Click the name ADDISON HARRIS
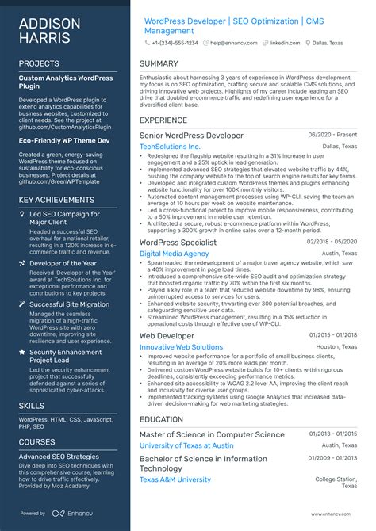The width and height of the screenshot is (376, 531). click(x=48, y=30)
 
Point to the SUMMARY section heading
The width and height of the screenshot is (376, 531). click(x=159, y=63)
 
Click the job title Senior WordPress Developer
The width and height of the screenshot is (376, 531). click(x=191, y=136)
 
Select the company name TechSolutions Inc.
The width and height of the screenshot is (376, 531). click(x=170, y=147)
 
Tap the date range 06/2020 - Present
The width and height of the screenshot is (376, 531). click(x=333, y=136)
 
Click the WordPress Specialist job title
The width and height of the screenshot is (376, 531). click(x=178, y=242)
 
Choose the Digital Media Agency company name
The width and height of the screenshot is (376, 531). click(x=174, y=254)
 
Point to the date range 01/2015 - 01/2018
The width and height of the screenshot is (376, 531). click(x=333, y=336)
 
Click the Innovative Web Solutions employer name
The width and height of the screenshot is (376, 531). click(x=181, y=347)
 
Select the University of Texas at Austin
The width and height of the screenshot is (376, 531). click(x=192, y=445)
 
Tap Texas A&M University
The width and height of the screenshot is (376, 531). click(x=175, y=479)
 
